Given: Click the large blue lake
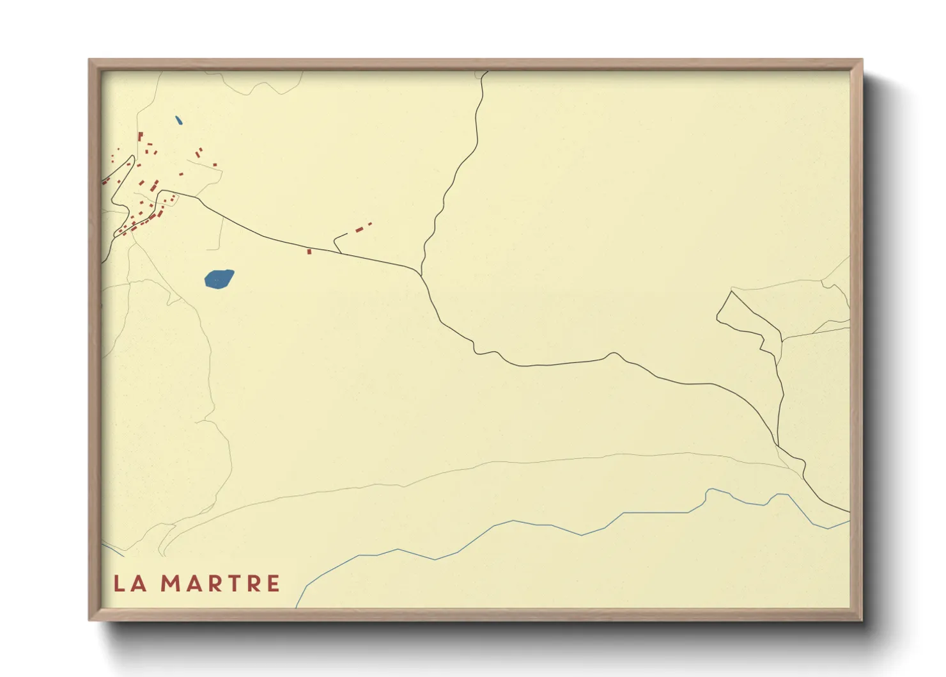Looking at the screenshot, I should (219, 279).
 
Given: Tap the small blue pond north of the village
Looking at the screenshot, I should (179, 120).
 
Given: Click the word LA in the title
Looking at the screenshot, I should (130, 584).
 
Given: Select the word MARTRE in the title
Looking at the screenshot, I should (220, 584).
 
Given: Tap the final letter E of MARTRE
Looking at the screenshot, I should (273, 584).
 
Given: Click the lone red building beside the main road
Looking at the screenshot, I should (309, 251).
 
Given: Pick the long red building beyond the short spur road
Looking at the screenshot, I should (359, 228).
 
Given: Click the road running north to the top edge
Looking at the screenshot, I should (476, 128).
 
